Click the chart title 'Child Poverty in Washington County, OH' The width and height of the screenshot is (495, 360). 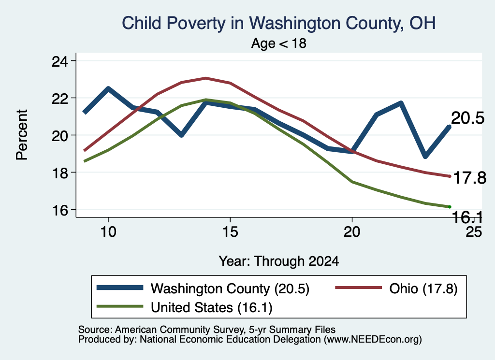tap(279, 23)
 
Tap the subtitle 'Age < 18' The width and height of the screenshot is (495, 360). tap(279, 43)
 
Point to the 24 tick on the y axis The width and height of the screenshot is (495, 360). tap(59, 61)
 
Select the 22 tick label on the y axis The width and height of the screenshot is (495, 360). tap(59, 98)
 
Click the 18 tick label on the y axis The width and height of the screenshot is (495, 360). tap(59, 173)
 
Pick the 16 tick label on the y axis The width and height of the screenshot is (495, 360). tap(59, 210)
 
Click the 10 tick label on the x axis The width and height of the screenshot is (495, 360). tap(108, 232)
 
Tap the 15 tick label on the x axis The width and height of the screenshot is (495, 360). tap(230, 232)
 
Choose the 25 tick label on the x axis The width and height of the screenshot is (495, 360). tap(474, 232)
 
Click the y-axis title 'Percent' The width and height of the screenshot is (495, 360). tap(22, 135)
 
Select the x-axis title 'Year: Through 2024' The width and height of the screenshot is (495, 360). tap(279, 261)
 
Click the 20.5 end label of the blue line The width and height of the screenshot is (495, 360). tap(467, 118)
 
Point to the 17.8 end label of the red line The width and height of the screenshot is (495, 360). tap(470, 178)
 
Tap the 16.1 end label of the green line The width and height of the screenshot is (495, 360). tap(467, 217)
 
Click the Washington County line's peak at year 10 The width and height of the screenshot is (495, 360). tap(108, 88)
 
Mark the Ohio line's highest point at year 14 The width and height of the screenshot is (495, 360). tap(206, 78)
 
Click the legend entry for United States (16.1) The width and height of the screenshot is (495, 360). tap(185, 307)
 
